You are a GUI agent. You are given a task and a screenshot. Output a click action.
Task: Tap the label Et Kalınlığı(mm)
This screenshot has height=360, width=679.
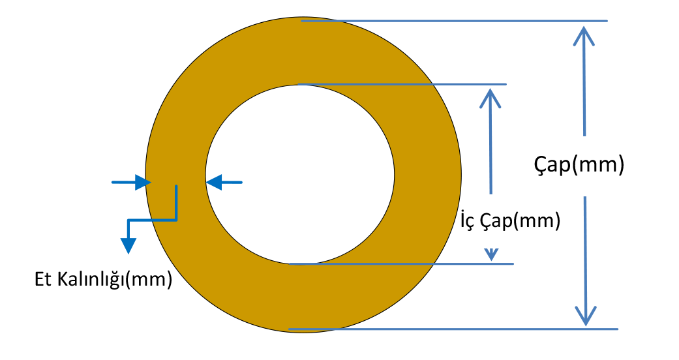point(103,280)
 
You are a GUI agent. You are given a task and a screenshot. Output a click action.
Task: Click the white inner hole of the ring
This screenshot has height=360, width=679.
point(300,175)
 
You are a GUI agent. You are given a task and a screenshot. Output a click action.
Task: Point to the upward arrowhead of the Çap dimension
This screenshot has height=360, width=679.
point(584,35)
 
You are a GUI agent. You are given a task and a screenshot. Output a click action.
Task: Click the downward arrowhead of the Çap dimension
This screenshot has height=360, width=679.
point(586,315)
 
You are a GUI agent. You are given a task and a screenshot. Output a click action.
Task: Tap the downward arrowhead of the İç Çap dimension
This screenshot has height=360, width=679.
point(491,253)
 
